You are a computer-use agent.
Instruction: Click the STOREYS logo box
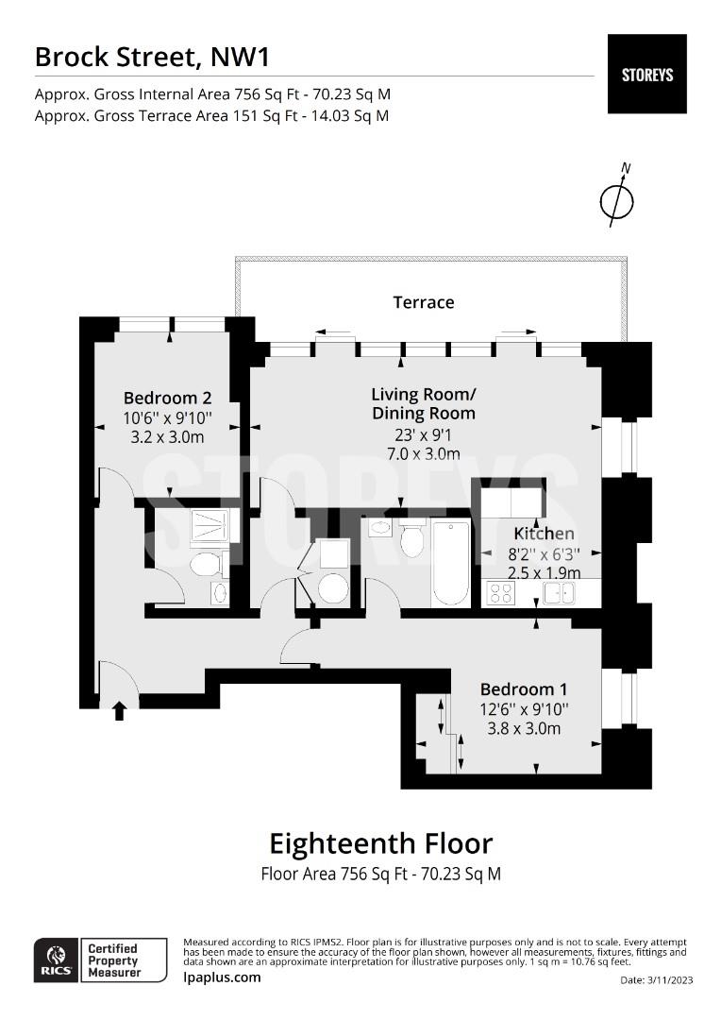point(646,75)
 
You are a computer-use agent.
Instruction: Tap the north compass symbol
point(616,197)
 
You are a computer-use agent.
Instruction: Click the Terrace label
point(423,302)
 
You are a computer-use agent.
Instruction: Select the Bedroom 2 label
point(168,398)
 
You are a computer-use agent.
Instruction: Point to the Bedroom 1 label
point(524,688)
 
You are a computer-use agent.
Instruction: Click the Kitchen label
point(545,534)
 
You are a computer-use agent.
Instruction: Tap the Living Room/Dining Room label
point(424,403)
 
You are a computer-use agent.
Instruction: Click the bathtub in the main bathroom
point(450,563)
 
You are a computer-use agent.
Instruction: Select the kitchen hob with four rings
point(501,592)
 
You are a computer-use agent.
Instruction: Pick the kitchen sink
point(559,593)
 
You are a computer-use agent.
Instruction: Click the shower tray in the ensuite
point(210,526)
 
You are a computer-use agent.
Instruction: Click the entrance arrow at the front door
point(119,710)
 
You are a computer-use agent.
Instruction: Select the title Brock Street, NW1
point(152,58)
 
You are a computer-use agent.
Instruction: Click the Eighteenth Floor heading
point(381,843)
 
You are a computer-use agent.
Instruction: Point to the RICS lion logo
point(57,960)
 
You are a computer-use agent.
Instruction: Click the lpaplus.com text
point(223,977)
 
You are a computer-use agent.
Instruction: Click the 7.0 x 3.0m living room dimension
point(424,454)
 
